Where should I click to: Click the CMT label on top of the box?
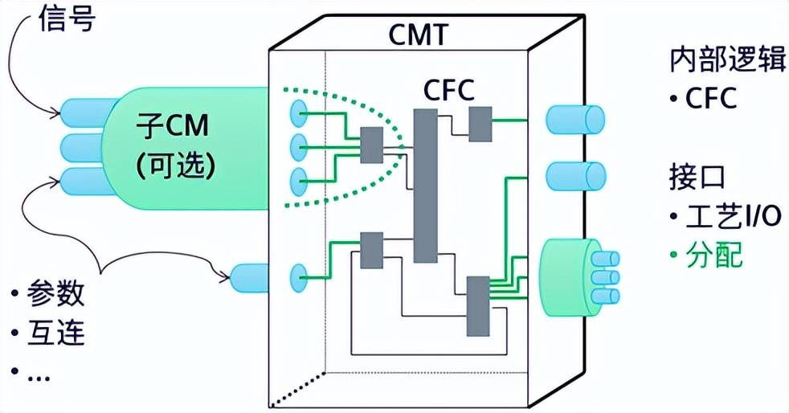click(x=418, y=35)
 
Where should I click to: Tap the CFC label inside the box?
click(x=449, y=91)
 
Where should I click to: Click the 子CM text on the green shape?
click(x=172, y=126)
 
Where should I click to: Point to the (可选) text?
click(x=176, y=165)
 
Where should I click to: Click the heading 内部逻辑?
click(x=728, y=60)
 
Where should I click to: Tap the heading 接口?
click(x=697, y=176)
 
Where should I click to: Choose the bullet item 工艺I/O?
click(x=726, y=216)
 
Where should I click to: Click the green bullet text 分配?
click(x=706, y=255)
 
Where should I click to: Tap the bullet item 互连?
click(x=47, y=333)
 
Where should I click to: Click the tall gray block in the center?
click(x=425, y=186)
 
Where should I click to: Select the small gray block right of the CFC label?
click(x=480, y=124)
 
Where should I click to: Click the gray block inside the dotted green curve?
click(x=372, y=145)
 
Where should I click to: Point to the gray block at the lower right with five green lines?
click(x=478, y=306)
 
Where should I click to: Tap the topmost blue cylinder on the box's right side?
click(x=575, y=120)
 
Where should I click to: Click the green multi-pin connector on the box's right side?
click(x=578, y=277)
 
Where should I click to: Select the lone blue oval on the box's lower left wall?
click(x=298, y=278)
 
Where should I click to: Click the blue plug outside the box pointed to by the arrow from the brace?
click(x=250, y=278)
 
